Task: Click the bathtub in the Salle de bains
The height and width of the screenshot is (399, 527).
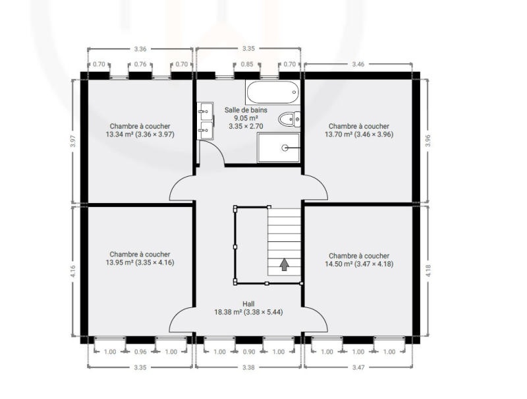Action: click(273, 92)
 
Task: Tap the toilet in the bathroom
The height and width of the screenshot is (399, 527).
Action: click(289, 119)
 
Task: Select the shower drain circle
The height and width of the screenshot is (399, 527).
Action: click(285, 147)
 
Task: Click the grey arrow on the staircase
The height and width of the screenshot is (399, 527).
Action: click(285, 264)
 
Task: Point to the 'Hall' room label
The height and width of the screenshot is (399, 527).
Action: click(248, 304)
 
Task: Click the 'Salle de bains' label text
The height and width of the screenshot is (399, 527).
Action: click(246, 109)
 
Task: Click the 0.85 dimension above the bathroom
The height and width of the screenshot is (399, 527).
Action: click(247, 64)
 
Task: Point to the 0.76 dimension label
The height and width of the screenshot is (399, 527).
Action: click(140, 64)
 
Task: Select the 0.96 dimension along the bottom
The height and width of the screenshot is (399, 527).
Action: click(140, 352)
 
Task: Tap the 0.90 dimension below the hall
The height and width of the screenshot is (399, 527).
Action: click(249, 352)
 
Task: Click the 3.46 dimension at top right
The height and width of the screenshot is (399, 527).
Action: click(358, 64)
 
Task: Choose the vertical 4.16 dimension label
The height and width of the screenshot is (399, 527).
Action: click(73, 271)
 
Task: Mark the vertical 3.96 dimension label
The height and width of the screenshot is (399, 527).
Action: click(428, 140)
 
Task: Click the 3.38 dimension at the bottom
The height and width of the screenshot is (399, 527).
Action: click(248, 367)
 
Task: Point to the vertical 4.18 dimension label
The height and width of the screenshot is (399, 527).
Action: click(428, 271)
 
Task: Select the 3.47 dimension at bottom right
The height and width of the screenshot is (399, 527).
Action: click(358, 367)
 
